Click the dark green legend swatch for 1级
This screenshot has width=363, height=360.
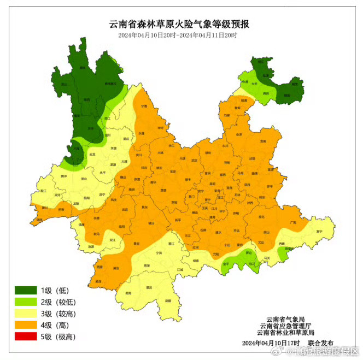click(25, 290)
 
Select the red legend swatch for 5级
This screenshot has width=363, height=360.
click(25, 337)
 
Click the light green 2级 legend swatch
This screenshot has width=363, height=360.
click(25, 302)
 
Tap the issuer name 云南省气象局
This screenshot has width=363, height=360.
click(285, 319)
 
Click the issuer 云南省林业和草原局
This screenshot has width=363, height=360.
click(285, 332)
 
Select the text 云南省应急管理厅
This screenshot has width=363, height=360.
click(285, 326)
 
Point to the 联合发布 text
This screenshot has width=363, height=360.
click(320, 343)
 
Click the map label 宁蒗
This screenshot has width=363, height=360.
click(144, 106)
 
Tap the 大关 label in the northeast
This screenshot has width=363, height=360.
click(254, 84)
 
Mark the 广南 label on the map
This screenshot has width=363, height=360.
click(293, 222)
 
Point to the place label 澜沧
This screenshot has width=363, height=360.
click(91, 247)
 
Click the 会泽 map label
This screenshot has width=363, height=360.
click(238, 134)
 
